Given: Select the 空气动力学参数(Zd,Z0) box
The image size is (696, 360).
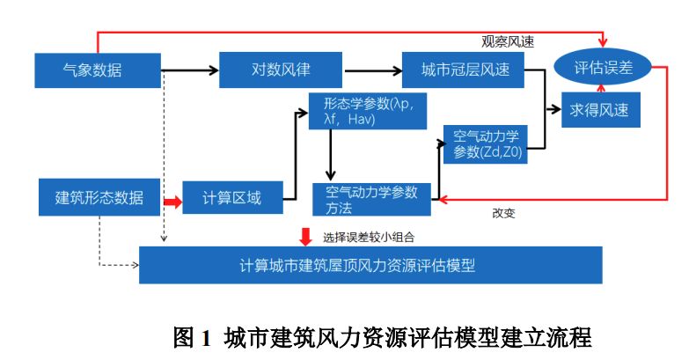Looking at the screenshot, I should point(487,144).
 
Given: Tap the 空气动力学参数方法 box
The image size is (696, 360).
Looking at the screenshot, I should point(370,199).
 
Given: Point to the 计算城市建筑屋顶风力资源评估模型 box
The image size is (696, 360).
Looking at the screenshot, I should point(370,264).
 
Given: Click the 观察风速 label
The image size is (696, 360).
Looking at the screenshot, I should point(508,40).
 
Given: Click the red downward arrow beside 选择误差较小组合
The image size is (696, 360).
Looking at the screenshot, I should point(305,235).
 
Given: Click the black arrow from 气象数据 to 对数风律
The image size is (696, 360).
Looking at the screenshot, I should point(189,70).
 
